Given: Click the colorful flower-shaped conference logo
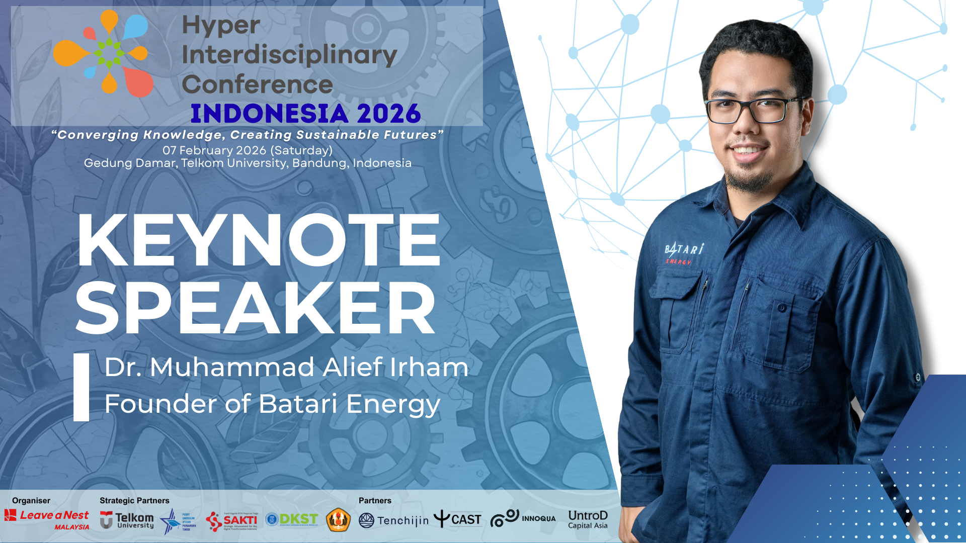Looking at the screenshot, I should [x=103, y=53].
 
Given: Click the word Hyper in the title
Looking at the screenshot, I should [x=221, y=25].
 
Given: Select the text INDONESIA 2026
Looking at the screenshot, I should [x=305, y=114].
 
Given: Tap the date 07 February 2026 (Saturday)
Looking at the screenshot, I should [x=247, y=150].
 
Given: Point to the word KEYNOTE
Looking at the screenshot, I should [x=259, y=240].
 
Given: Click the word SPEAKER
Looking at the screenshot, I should [x=255, y=308].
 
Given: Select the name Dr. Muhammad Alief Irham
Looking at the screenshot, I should [x=286, y=367].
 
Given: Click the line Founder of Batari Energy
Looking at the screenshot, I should [x=272, y=404].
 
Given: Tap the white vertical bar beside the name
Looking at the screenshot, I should [x=81, y=387].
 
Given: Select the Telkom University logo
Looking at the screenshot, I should [x=127, y=520].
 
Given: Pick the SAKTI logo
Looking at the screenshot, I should [x=232, y=521].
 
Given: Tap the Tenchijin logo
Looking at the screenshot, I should [x=393, y=520].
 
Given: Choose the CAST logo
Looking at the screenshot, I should [x=457, y=519].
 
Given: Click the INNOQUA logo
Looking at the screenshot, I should [x=523, y=518].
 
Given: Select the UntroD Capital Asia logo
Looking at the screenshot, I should [x=588, y=519].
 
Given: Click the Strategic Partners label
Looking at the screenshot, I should [x=134, y=500].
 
